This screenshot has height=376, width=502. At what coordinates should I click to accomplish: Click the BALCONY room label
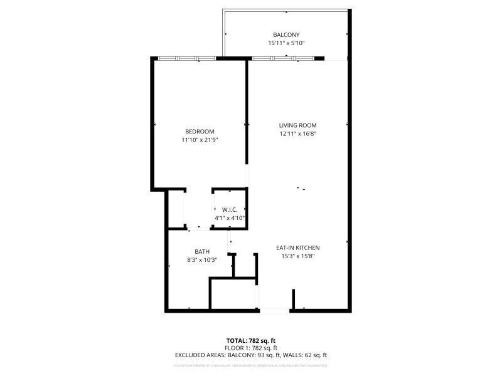(286, 34)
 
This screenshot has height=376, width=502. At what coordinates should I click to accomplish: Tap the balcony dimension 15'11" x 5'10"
(286, 43)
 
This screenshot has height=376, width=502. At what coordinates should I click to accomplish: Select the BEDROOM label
(200, 131)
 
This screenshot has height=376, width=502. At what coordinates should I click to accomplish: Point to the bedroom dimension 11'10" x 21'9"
(200, 140)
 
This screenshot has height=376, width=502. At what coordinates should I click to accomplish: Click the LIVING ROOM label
(297, 125)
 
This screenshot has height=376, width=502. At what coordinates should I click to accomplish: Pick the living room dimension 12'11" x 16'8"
(297, 133)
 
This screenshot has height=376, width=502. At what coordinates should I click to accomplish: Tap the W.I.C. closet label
(229, 209)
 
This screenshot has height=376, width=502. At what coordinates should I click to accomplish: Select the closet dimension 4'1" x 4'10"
(229, 218)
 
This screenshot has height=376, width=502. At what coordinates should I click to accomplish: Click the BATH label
(201, 251)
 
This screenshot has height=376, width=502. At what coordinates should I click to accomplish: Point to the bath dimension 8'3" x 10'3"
(201, 259)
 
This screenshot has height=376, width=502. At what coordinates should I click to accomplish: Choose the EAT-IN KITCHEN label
(298, 248)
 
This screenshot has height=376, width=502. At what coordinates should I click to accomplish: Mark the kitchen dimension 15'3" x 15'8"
(298, 256)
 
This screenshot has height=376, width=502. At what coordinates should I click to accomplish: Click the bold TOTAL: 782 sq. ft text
(251, 340)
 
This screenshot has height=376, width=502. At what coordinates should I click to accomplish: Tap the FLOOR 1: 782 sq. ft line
(251, 348)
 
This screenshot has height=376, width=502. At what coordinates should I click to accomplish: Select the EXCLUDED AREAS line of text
(251, 355)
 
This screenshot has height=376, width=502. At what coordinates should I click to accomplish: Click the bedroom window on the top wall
(186, 58)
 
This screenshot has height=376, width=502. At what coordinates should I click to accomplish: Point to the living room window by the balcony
(282, 58)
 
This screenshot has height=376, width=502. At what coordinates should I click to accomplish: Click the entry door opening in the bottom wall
(274, 310)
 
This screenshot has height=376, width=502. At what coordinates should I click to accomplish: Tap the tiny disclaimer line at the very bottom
(251, 365)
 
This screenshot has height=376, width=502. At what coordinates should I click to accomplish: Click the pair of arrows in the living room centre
(302, 188)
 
